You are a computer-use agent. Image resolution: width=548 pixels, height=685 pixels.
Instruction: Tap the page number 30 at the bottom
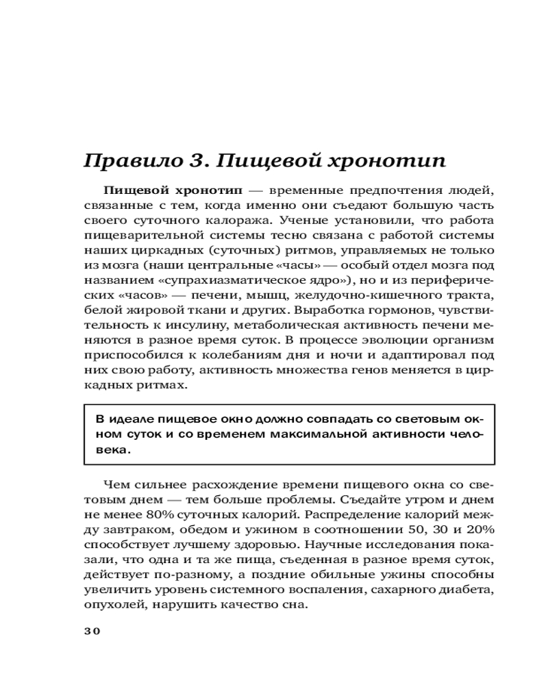[92, 631]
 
